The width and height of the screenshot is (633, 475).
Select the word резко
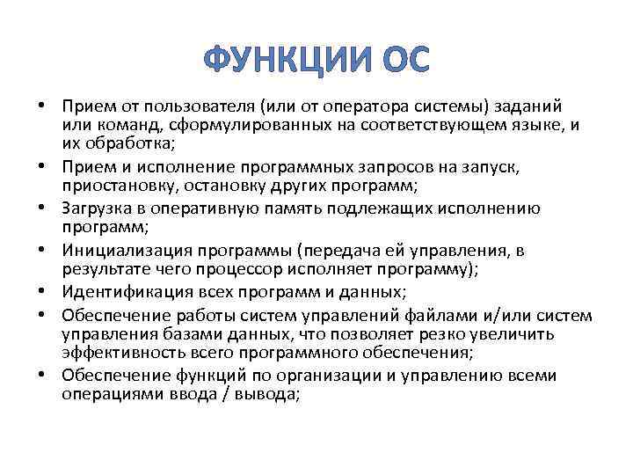click(x=426, y=334)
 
